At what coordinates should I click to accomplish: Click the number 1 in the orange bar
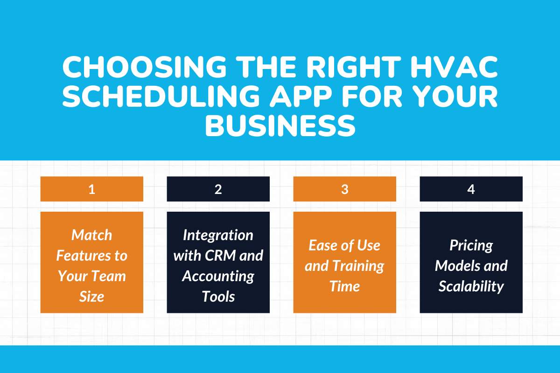pos(92,189)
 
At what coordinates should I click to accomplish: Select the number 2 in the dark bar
pos(218,189)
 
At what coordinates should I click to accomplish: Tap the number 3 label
pos(344,189)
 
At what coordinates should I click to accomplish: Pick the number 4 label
pos(471,189)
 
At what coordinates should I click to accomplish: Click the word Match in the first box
pos(92,235)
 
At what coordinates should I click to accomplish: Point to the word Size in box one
pos(92,296)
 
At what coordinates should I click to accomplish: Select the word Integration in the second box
pos(218,235)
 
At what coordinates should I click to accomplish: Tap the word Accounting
pos(218,276)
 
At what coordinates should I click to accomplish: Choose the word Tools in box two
pos(218,296)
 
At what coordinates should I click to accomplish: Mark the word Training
pos(357,266)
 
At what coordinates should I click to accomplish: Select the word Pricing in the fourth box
pos(471,245)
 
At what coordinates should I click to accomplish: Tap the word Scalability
pos(471,286)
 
